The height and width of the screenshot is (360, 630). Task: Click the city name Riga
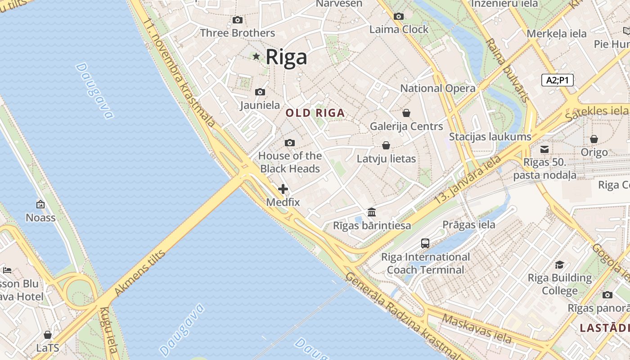point(286,57)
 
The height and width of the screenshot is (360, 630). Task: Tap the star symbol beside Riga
point(256,56)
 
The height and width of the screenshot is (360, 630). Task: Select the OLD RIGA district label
point(315,113)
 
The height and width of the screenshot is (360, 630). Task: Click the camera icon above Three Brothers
point(237,20)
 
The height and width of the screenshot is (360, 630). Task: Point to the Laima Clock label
point(399,29)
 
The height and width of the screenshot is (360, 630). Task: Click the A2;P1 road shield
point(557,80)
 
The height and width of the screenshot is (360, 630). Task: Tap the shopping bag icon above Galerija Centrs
point(406,112)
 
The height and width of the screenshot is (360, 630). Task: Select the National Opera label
point(437,88)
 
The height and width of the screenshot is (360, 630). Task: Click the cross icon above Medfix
point(283,189)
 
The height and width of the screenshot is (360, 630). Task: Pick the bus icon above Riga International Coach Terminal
point(425,243)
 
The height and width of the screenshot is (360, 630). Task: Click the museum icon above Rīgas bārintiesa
point(372,211)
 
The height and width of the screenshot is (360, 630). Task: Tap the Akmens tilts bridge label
point(140,273)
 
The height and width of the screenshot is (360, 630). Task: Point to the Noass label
point(40,218)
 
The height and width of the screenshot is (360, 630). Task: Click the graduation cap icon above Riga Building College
point(559,265)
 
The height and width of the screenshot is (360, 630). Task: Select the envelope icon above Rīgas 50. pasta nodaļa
point(544,149)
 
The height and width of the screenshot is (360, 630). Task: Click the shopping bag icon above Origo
point(594,139)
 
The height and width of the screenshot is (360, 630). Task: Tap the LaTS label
point(48,348)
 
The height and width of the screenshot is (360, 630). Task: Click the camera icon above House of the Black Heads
point(290,143)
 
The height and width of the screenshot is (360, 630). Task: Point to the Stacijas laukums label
point(490,136)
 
